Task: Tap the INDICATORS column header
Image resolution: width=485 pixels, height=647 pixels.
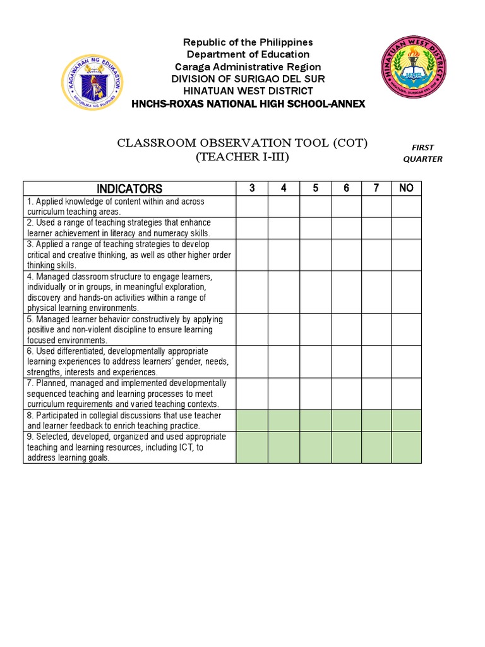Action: click(x=129, y=188)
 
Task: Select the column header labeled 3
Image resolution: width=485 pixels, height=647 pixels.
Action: click(x=252, y=188)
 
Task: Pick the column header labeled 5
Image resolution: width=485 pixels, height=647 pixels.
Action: click(x=315, y=188)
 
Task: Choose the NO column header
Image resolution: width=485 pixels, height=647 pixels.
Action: click(x=406, y=188)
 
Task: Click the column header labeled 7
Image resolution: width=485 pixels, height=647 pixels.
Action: click(x=376, y=188)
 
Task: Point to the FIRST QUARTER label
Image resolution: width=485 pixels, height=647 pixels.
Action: click(x=422, y=153)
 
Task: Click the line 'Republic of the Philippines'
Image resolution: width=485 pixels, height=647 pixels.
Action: click(x=248, y=42)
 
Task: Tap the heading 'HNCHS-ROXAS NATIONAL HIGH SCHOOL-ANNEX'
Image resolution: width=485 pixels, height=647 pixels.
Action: click(x=248, y=104)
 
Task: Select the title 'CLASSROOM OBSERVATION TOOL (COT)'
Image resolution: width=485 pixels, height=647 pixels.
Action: click(x=242, y=143)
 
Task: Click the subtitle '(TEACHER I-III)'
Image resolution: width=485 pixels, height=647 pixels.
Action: click(x=242, y=157)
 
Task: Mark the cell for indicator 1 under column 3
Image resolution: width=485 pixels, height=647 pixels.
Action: click(x=252, y=207)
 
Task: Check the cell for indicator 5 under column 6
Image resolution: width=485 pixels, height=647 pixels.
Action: click(x=346, y=329)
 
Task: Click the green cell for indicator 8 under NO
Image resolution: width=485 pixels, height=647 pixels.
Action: click(x=406, y=421)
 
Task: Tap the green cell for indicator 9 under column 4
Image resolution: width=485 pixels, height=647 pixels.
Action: click(x=284, y=447)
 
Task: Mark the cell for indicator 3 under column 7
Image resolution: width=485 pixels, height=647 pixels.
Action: click(x=376, y=255)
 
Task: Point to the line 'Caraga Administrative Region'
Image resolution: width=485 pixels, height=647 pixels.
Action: click(x=248, y=67)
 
